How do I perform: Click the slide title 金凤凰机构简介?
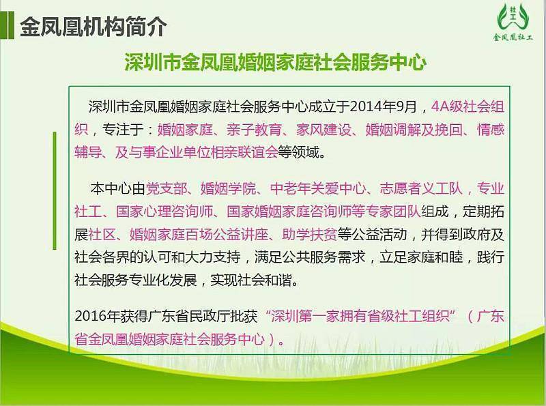[x=94, y=27]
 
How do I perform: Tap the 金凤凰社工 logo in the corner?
[x=513, y=23]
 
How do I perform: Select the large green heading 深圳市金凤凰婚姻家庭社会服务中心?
[x=276, y=62]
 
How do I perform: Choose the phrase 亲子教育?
[x=254, y=130]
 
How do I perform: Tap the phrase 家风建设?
[x=324, y=130]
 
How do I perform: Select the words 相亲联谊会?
[x=244, y=152]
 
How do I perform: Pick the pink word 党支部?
[x=167, y=188]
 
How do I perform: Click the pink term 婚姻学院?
[x=229, y=188]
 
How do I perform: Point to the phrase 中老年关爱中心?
[x=318, y=188]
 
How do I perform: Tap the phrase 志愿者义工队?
[x=421, y=188]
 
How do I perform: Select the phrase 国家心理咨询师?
[x=164, y=212]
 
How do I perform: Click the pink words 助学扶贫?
[x=310, y=234]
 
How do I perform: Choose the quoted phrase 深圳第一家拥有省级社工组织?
[x=360, y=316]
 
